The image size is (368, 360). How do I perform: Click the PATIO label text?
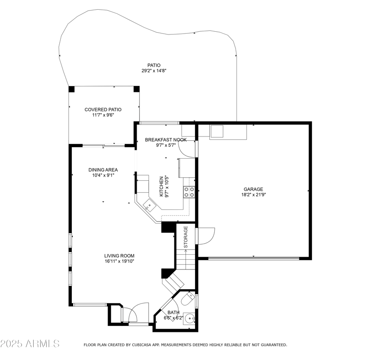(154, 65)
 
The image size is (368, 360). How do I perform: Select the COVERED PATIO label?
(103, 109)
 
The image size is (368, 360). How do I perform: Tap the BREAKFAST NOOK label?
(166, 139)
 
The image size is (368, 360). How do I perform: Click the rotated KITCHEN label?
(161, 186)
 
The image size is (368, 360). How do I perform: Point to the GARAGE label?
(253, 189)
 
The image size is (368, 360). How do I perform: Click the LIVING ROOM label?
(119, 256)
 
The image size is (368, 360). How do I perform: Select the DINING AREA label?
(103, 170)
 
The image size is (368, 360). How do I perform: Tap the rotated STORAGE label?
(186, 238)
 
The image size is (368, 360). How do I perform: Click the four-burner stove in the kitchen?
(189, 192)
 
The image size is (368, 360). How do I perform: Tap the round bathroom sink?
(191, 319)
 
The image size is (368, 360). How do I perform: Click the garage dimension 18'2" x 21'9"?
(253, 194)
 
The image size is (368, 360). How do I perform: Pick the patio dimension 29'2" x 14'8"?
(154, 71)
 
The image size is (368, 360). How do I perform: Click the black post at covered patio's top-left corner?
(71, 89)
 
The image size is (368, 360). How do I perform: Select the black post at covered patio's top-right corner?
(136, 89)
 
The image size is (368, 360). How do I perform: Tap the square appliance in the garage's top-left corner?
(216, 131)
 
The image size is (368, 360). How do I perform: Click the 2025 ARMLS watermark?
(30, 343)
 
